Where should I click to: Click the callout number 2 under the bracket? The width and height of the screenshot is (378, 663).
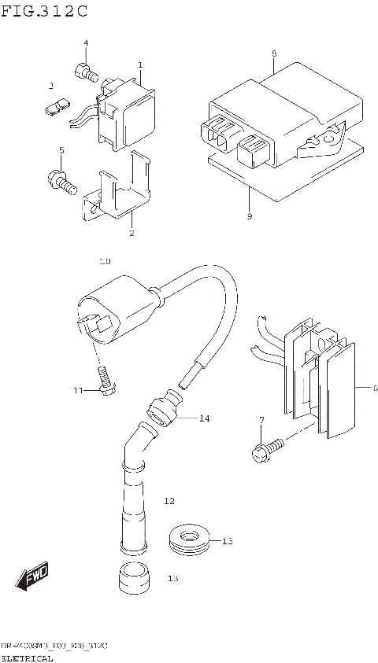(x=132, y=233)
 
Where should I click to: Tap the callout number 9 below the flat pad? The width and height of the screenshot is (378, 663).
(x=249, y=216)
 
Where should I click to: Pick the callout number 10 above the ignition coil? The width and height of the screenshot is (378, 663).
(x=105, y=260)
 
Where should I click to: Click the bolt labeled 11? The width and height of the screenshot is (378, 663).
(x=106, y=383)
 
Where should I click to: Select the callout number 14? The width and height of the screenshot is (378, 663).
(x=204, y=418)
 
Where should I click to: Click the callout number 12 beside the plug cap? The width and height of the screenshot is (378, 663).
(x=168, y=500)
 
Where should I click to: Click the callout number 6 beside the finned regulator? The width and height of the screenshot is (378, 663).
(x=376, y=388)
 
